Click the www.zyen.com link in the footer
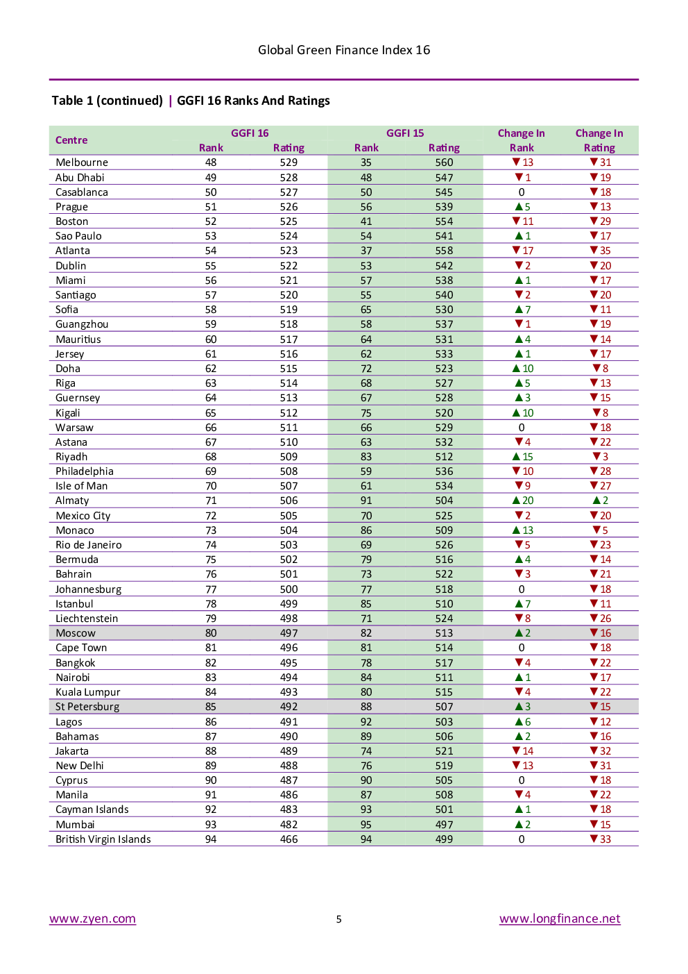[x=92, y=918]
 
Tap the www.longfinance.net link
[x=560, y=918]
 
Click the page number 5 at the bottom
[x=338, y=919]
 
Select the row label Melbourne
[x=82, y=162]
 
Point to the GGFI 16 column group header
[x=250, y=133]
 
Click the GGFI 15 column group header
[x=405, y=133]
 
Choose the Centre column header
[x=71, y=140]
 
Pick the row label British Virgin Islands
[x=103, y=839]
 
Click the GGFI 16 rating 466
[x=289, y=839]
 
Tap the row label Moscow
[x=76, y=633]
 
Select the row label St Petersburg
[x=87, y=707]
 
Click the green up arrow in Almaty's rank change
[x=516, y=501]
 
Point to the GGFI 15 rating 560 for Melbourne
[x=444, y=162]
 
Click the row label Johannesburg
[x=88, y=589]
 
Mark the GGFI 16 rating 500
[x=289, y=589]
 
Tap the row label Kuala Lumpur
[x=88, y=692]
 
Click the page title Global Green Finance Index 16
[x=344, y=50]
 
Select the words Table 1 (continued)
[x=107, y=101]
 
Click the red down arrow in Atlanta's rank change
[x=516, y=251]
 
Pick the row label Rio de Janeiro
[x=88, y=545]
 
